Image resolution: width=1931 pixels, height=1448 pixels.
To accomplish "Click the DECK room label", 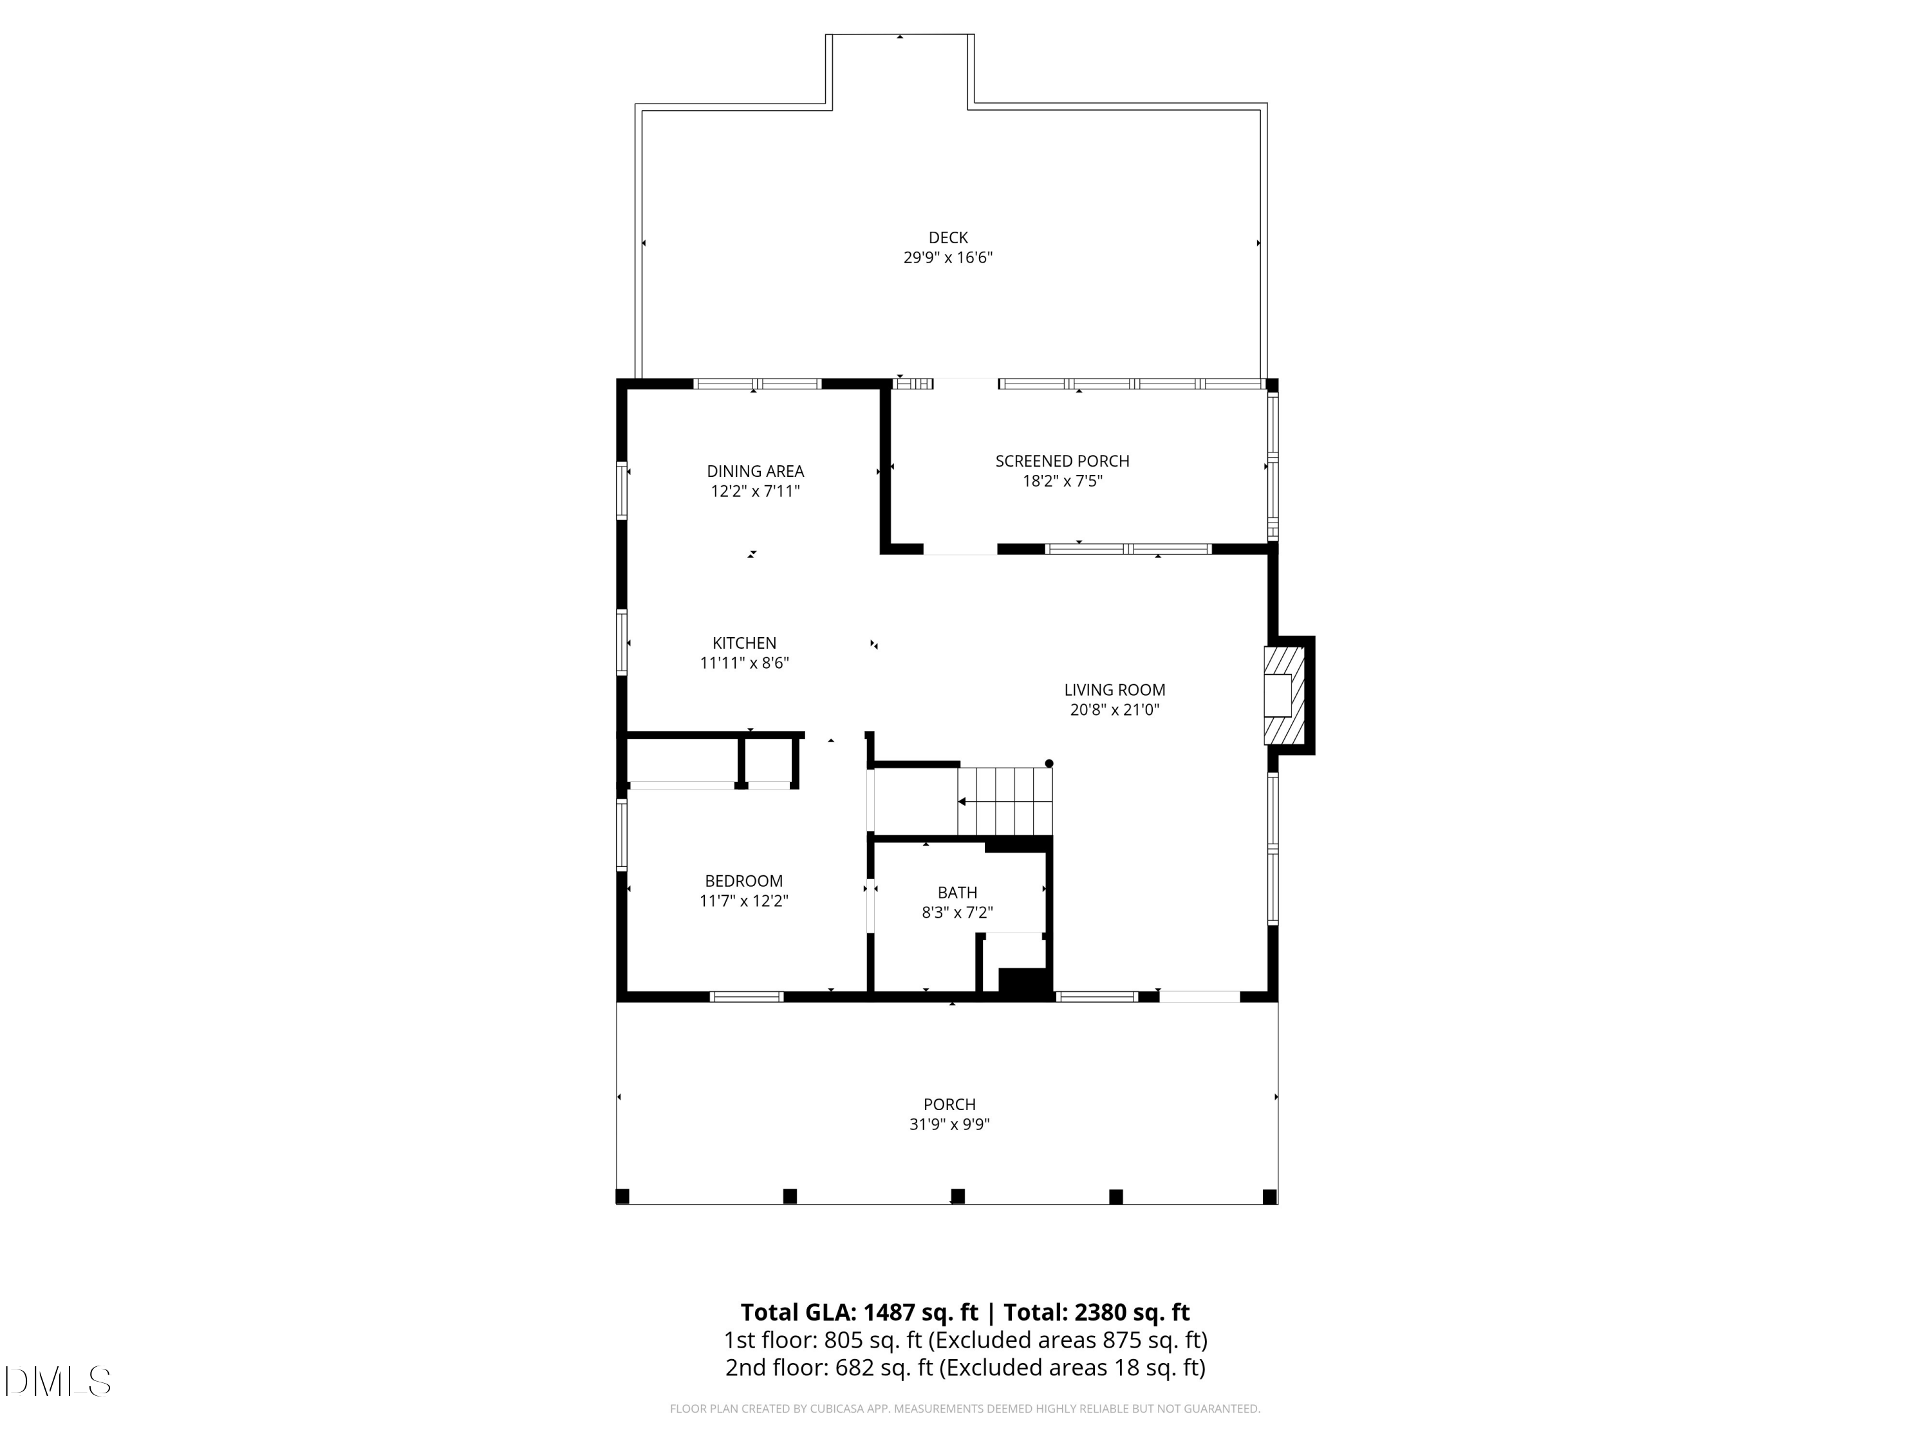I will (x=948, y=237).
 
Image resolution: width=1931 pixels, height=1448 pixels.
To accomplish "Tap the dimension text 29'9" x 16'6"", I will (x=948, y=258).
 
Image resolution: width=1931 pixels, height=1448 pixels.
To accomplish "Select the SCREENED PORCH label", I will (x=1063, y=461).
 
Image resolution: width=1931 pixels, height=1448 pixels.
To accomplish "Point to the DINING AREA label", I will (x=755, y=471).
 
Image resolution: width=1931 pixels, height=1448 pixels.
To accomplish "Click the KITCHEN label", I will (x=744, y=644).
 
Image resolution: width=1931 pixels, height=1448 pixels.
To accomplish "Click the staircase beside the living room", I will (x=1005, y=801).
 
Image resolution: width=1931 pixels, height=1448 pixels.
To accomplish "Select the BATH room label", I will (x=956, y=893).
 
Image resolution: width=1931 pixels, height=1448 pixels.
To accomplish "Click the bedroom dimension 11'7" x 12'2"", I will (x=744, y=902).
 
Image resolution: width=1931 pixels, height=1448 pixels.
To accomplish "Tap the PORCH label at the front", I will (x=950, y=1105).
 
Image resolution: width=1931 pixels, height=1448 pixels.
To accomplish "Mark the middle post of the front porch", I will (x=958, y=1196).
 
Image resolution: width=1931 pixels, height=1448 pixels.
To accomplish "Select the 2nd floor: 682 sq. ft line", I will (x=965, y=1368).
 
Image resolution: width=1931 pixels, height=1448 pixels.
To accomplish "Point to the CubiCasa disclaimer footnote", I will (x=965, y=1409).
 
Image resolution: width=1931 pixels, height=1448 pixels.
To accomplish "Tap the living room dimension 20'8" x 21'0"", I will (x=1115, y=710).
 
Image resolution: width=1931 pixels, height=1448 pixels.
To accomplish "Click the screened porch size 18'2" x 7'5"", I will (x=1063, y=481).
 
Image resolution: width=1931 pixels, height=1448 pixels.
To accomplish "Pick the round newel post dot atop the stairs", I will (x=1049, y=764).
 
